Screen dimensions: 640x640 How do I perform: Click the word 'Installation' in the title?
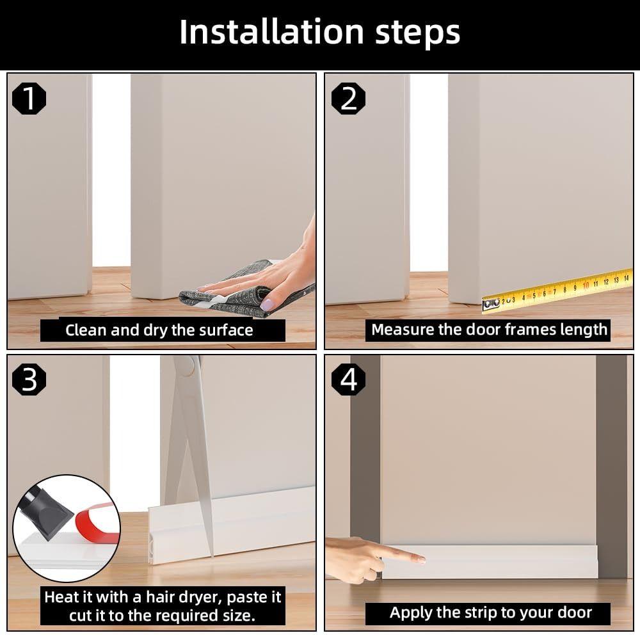point(259,32)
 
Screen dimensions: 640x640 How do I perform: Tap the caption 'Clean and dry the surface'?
point(159,330)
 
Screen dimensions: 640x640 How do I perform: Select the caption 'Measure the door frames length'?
point(489,330)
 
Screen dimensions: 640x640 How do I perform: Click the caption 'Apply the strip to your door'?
point(491,612)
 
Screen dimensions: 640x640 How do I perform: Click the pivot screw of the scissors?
point(184,365)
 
